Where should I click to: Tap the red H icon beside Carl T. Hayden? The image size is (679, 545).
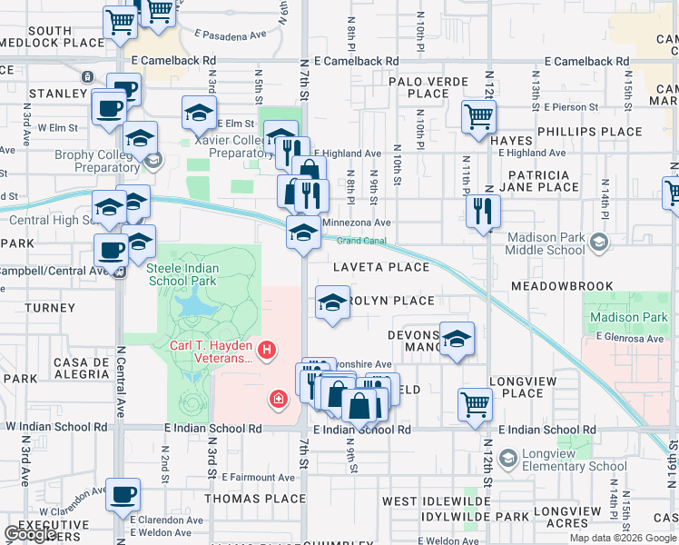(x=267, y=349)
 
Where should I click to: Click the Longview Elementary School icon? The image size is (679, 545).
(x=507, y=459)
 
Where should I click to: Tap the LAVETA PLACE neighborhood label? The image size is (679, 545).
(x=380, y=267)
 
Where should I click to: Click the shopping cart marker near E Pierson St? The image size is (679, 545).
(x=477, y=116)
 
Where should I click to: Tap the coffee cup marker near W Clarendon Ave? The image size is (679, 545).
(x=123, y=496)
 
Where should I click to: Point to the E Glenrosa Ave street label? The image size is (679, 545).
(x=632, y=339)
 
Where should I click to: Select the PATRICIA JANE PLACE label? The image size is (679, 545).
(x=545, y=181)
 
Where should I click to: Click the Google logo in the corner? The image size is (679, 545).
(x=31, y=534)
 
